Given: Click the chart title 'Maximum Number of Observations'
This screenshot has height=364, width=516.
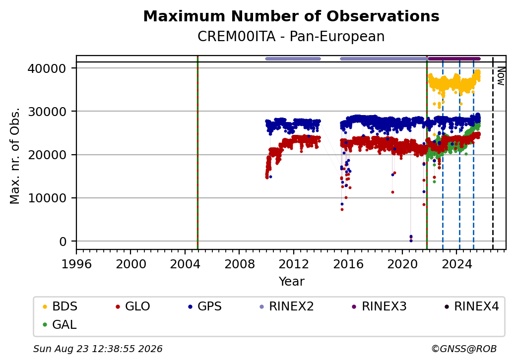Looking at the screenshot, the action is coord(291,16).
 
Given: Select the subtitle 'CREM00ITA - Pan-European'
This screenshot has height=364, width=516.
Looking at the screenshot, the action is coord(291,37).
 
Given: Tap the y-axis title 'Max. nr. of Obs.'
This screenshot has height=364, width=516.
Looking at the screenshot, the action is coord(15,156).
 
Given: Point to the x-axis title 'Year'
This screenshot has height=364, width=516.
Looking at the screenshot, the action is coord(292,282).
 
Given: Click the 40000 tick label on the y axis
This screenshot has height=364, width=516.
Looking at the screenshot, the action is coord(47,68).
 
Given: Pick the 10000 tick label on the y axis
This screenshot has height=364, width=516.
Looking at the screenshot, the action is coord(47,198).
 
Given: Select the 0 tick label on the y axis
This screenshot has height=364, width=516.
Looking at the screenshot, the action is coord(63,242).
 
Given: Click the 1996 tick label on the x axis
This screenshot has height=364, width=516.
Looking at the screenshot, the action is coord(76,264).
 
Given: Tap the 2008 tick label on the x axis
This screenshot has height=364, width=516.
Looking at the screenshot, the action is coord(239,264).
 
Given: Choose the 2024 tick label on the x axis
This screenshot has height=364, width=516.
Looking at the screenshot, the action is coord(456,264).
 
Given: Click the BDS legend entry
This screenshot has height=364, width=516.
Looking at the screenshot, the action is coord(60,306).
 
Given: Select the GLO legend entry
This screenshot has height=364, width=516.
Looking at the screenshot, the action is coord(133,306).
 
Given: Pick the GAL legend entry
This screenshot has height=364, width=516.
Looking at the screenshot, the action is coord(60,324).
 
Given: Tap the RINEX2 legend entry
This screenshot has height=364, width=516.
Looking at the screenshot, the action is coord(287,306).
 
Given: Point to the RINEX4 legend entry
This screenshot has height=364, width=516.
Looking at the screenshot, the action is coord(471,306).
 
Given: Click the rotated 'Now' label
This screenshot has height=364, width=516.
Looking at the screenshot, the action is coord(501,76).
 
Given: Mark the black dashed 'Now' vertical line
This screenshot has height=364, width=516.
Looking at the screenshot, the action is coord(493,153).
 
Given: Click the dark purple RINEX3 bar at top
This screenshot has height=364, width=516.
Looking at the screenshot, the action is coord(454,59).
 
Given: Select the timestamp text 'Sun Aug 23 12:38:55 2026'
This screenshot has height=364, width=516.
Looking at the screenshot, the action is coord(98,349).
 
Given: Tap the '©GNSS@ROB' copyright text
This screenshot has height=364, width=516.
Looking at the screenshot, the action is coord(464,349).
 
